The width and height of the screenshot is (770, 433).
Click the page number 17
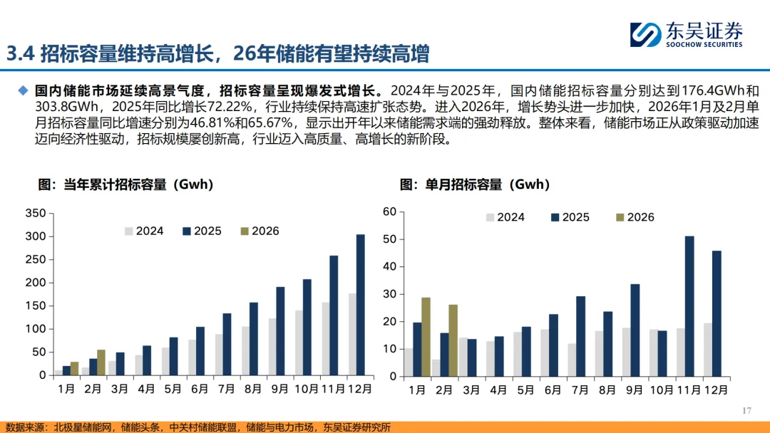(747, 410)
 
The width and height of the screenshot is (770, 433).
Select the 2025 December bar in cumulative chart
(360, 305)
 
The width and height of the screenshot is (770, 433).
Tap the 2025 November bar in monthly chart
(689, 306)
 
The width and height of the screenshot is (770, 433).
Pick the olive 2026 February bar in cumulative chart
(101, 362)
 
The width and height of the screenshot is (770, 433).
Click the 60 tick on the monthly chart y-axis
(389, 212)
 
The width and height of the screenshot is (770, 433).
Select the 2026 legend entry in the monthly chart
(632, 217)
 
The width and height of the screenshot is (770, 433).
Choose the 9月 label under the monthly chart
(635, 390)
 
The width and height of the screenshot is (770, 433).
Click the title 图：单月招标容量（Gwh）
(476, 184)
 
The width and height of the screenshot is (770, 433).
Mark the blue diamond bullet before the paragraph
(23, 90)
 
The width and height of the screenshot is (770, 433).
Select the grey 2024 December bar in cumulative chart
(351, 334)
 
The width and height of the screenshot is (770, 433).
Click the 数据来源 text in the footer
(24, 427)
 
